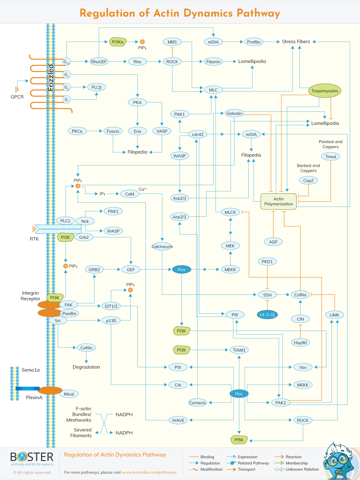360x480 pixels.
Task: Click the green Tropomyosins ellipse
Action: pyautogui.click(x=324, y=91)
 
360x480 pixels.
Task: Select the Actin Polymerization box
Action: pyautogui.click(x=278, y=201)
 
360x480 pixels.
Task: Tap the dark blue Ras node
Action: pyautogui.click(x=181, y=269)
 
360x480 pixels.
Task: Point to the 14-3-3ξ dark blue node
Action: pyautogui.click(x=267, y=315)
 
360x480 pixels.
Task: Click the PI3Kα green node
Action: pyautogui.click(x=118, y=42)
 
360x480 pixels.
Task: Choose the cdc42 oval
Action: pyautogui.click(x=197, y=134)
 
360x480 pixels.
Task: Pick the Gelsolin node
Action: pyautogui.click(x=234, y=113)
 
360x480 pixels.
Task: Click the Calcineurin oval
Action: pyautogui.click(x=162, y=246)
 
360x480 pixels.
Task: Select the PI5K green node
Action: pyautogui.click(x=239, y=440)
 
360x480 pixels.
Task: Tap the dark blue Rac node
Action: pyautogui.click(x=239, y=394)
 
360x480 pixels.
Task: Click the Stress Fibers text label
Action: pyautogui.click(x=296, y=42)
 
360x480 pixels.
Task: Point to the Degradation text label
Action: pyautogui.click(x=86, y=367)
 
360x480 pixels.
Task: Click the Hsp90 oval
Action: pyautogui.click(x=300, y=342)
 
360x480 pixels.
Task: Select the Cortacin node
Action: pyautogui.click(x=197, y=402)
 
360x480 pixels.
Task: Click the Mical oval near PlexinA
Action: pyautogui.click(x=69, y=394)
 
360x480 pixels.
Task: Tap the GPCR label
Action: pyautogui.click(x=17, y=97)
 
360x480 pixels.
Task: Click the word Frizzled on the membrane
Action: pyautogui.click(x=51, y=78)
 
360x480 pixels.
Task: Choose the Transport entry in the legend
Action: pyautogui.click(x=246, y=469)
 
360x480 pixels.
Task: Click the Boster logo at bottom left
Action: pyautogui.click(x=32, y=458)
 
